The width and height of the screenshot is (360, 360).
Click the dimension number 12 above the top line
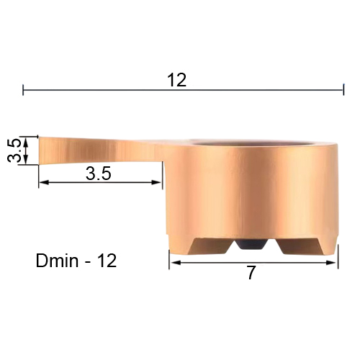pyautogui.click(x=177, y=80)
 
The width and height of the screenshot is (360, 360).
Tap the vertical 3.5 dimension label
pyautogui.click(x=14, y=150)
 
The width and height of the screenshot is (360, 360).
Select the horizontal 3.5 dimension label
pyautogui.click(x=99, y=174)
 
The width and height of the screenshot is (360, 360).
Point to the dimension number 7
pyautogui.click(x=251, y=273)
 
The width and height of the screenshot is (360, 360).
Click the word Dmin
pyautogui.click(x=57, y=261)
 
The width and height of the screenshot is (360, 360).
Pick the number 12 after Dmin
pyautogui.click(x=107, y=261)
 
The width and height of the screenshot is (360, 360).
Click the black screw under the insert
pyautogui.click(x=251, y=244)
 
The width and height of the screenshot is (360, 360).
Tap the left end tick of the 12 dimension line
pyautogui.click(x=23, y=90)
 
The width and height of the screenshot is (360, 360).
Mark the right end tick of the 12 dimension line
pyautogui.click(x=343, y=89)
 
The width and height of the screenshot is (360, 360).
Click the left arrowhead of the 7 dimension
pyautogui.click(x=175, y=263)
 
